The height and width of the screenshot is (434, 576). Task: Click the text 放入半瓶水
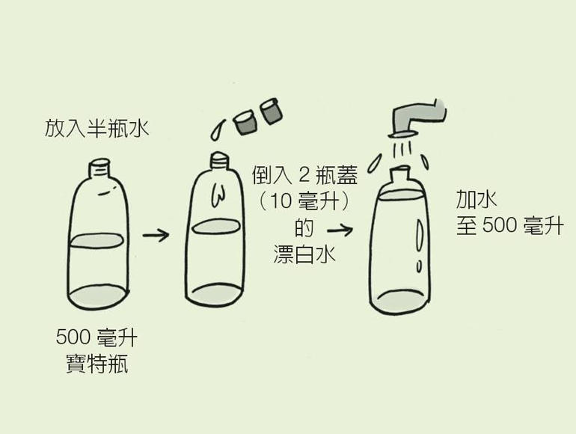point(96,129)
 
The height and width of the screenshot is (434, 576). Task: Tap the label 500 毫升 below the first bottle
point(96,338)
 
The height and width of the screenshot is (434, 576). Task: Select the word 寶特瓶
point(96,365)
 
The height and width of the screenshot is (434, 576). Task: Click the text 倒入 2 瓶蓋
point(304,177)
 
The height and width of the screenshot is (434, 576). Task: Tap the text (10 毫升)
point(304,202)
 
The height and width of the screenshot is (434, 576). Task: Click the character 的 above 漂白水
point(304,228)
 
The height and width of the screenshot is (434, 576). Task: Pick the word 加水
point(477,198)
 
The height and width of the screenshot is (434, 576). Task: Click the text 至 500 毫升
point(509,225)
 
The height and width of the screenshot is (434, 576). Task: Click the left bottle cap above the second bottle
point(245,122)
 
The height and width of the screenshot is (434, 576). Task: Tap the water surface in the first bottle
point(100,242)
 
